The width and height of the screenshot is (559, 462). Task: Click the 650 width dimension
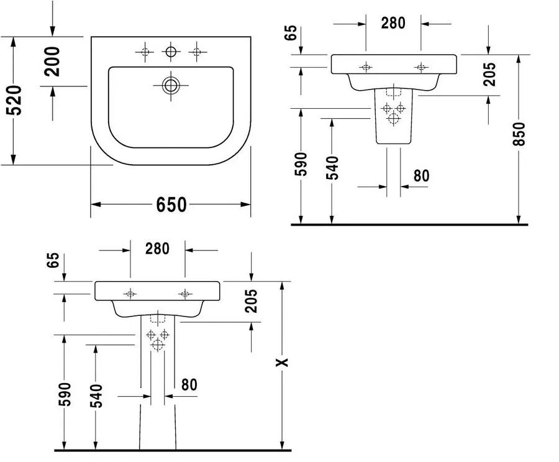point(171,205)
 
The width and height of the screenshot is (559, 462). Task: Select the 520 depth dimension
point(15,100)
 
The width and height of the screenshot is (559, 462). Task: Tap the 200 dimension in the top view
point(52,62)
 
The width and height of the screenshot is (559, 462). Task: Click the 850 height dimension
point(519,134)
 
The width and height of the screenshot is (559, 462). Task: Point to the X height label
point(283,363)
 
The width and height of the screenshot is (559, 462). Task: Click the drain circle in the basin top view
point(171,85)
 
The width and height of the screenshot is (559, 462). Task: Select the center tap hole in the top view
point(171,52)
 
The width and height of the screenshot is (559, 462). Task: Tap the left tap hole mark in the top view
point(145,52)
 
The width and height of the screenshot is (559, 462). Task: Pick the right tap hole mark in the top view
point(197,52)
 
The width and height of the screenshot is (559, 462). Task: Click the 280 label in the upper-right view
point(393,23)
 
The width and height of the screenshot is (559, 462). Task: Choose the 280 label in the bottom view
point(157,249)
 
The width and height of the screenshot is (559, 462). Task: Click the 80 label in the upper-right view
point(421,176)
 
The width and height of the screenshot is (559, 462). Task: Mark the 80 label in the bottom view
point(189,385)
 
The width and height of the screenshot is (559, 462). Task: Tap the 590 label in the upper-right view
point(301,164)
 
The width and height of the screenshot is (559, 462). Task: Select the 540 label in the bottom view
point(96,395)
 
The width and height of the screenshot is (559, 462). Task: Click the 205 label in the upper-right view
point(489,74)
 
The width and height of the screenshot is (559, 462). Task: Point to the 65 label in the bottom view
point(53,261)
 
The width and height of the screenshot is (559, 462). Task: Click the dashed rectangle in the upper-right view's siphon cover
point(394,91)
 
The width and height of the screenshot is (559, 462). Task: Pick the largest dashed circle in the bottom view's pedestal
point(157,345)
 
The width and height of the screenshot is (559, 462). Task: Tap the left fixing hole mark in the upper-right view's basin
point(366,67)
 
